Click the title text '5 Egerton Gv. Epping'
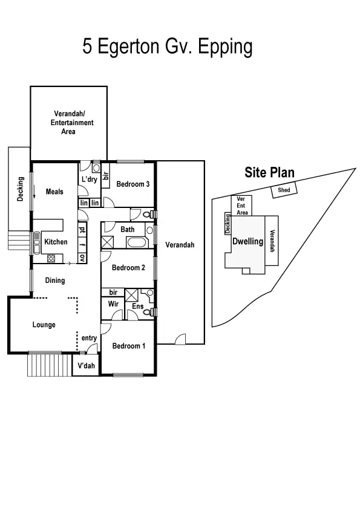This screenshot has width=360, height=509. (167, 47)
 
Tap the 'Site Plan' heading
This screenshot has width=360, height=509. (269, 173)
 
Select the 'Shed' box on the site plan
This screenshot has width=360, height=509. (284, 190)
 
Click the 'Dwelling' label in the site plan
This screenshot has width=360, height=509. (247, 241)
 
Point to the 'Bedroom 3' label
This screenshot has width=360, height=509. (133, 184)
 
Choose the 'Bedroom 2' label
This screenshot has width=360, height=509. (128, 268)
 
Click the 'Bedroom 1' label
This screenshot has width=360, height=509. (128, 346)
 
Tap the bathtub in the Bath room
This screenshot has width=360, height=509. (137, 243)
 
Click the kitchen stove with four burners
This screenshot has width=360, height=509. (51, 259)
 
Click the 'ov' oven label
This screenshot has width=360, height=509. (82, 258)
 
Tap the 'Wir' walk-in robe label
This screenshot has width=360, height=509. (113, 304)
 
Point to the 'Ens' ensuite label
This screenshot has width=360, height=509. (137, 306)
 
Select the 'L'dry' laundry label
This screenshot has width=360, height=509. (89, 180)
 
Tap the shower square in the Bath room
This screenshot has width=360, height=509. (109, 243)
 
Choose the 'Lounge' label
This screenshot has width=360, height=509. (44, 325)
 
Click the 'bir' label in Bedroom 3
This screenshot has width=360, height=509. (105, 175)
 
